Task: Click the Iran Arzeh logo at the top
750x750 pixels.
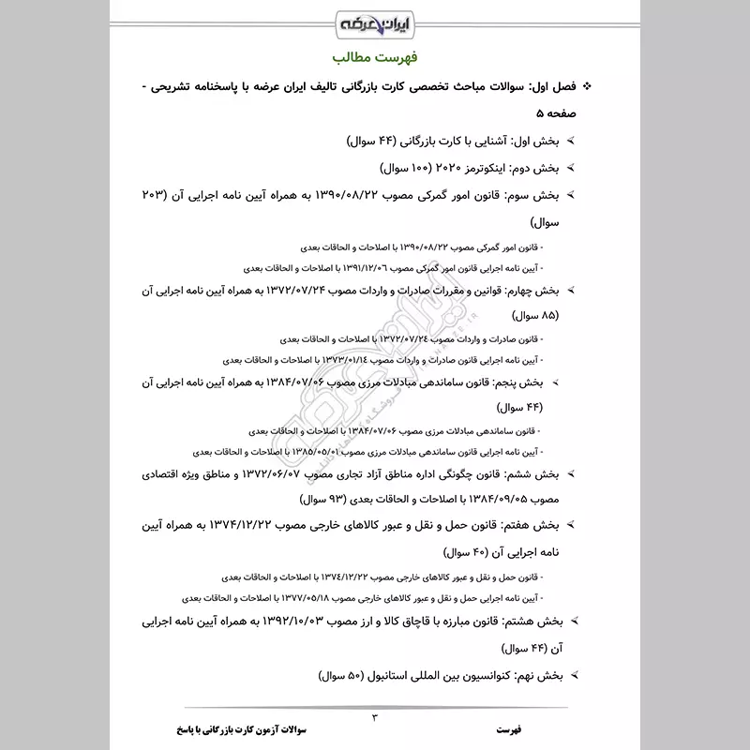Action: pyautogui.click(x=375, y=21)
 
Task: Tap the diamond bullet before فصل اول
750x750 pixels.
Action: pyautogui.click(x=588, y=87)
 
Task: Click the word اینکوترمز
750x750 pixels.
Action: pyautogui.click(x=467, y=169)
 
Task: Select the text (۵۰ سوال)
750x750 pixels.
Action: pyautogui.click(x=328, y=674)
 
